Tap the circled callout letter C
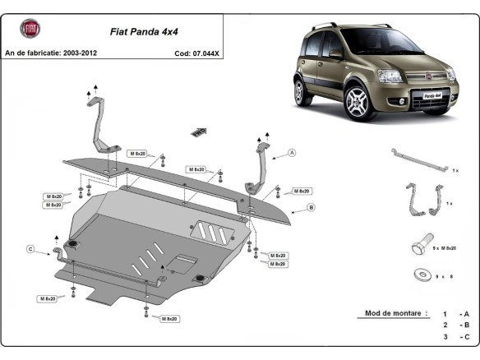click(x=30, y=249)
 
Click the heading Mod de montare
click(x=392, y=313)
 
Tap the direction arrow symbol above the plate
click(x=200, y=131)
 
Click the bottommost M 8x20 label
click(x=169, y=318)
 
